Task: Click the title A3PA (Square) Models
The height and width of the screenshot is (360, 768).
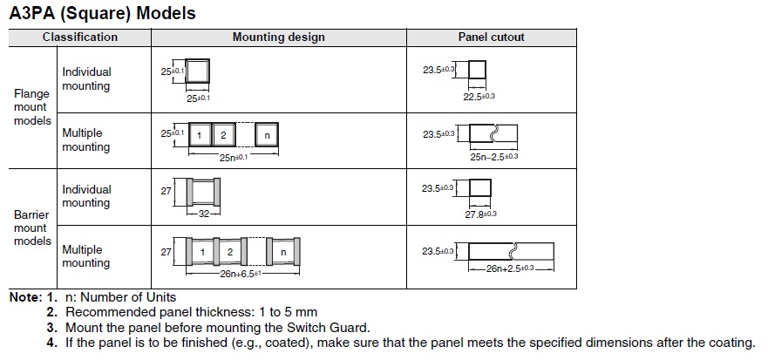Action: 102,13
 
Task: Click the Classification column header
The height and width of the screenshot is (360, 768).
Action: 79,37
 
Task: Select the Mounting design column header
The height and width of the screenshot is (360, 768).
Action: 278,37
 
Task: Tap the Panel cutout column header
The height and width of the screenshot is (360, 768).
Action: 491,37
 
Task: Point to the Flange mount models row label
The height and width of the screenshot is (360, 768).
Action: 32,107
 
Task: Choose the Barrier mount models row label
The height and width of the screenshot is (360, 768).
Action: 32,228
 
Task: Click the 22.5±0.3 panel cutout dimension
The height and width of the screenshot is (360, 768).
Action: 479,97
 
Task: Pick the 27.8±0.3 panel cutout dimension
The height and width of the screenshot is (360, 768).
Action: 480,214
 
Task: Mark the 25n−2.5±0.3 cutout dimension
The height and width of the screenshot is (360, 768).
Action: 494,156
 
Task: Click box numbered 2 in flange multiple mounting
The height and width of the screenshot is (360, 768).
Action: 224,135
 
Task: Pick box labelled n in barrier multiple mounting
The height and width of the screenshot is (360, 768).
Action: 282,253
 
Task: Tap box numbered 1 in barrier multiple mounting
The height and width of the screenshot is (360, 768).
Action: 202,253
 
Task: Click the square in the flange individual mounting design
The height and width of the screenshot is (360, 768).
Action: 198,71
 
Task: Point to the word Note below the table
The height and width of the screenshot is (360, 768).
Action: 24,297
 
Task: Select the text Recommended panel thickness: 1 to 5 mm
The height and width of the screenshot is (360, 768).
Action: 191,312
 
